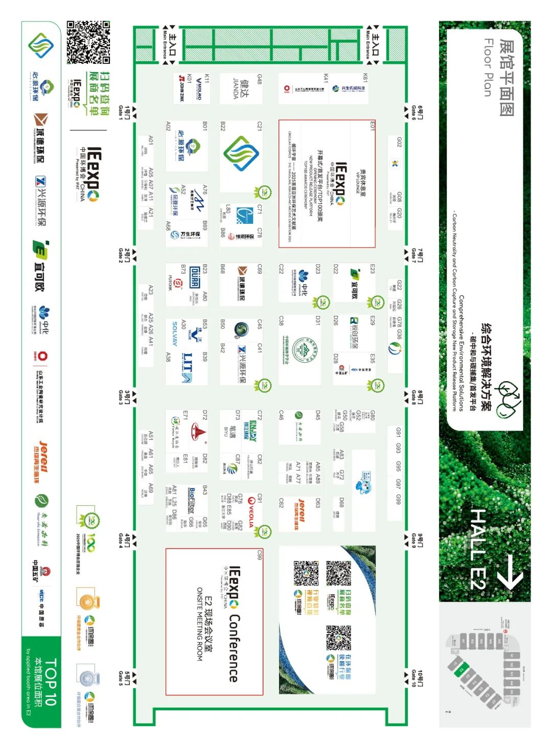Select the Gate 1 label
[124, 112]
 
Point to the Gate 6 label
[417, 112]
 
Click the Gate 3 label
[124, 396]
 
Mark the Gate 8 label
[417, 396]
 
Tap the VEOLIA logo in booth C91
[250, 511]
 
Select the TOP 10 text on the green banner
[50, 682]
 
